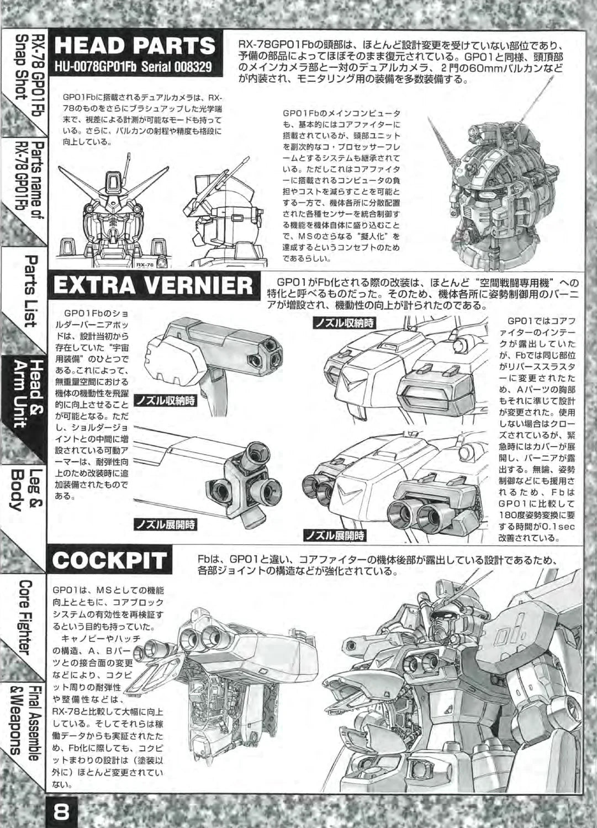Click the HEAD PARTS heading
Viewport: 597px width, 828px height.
[135, 46]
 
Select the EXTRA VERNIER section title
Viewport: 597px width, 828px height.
[153, 286]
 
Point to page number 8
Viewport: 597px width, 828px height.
[61, 814]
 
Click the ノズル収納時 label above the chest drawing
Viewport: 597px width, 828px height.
[345, 323]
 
